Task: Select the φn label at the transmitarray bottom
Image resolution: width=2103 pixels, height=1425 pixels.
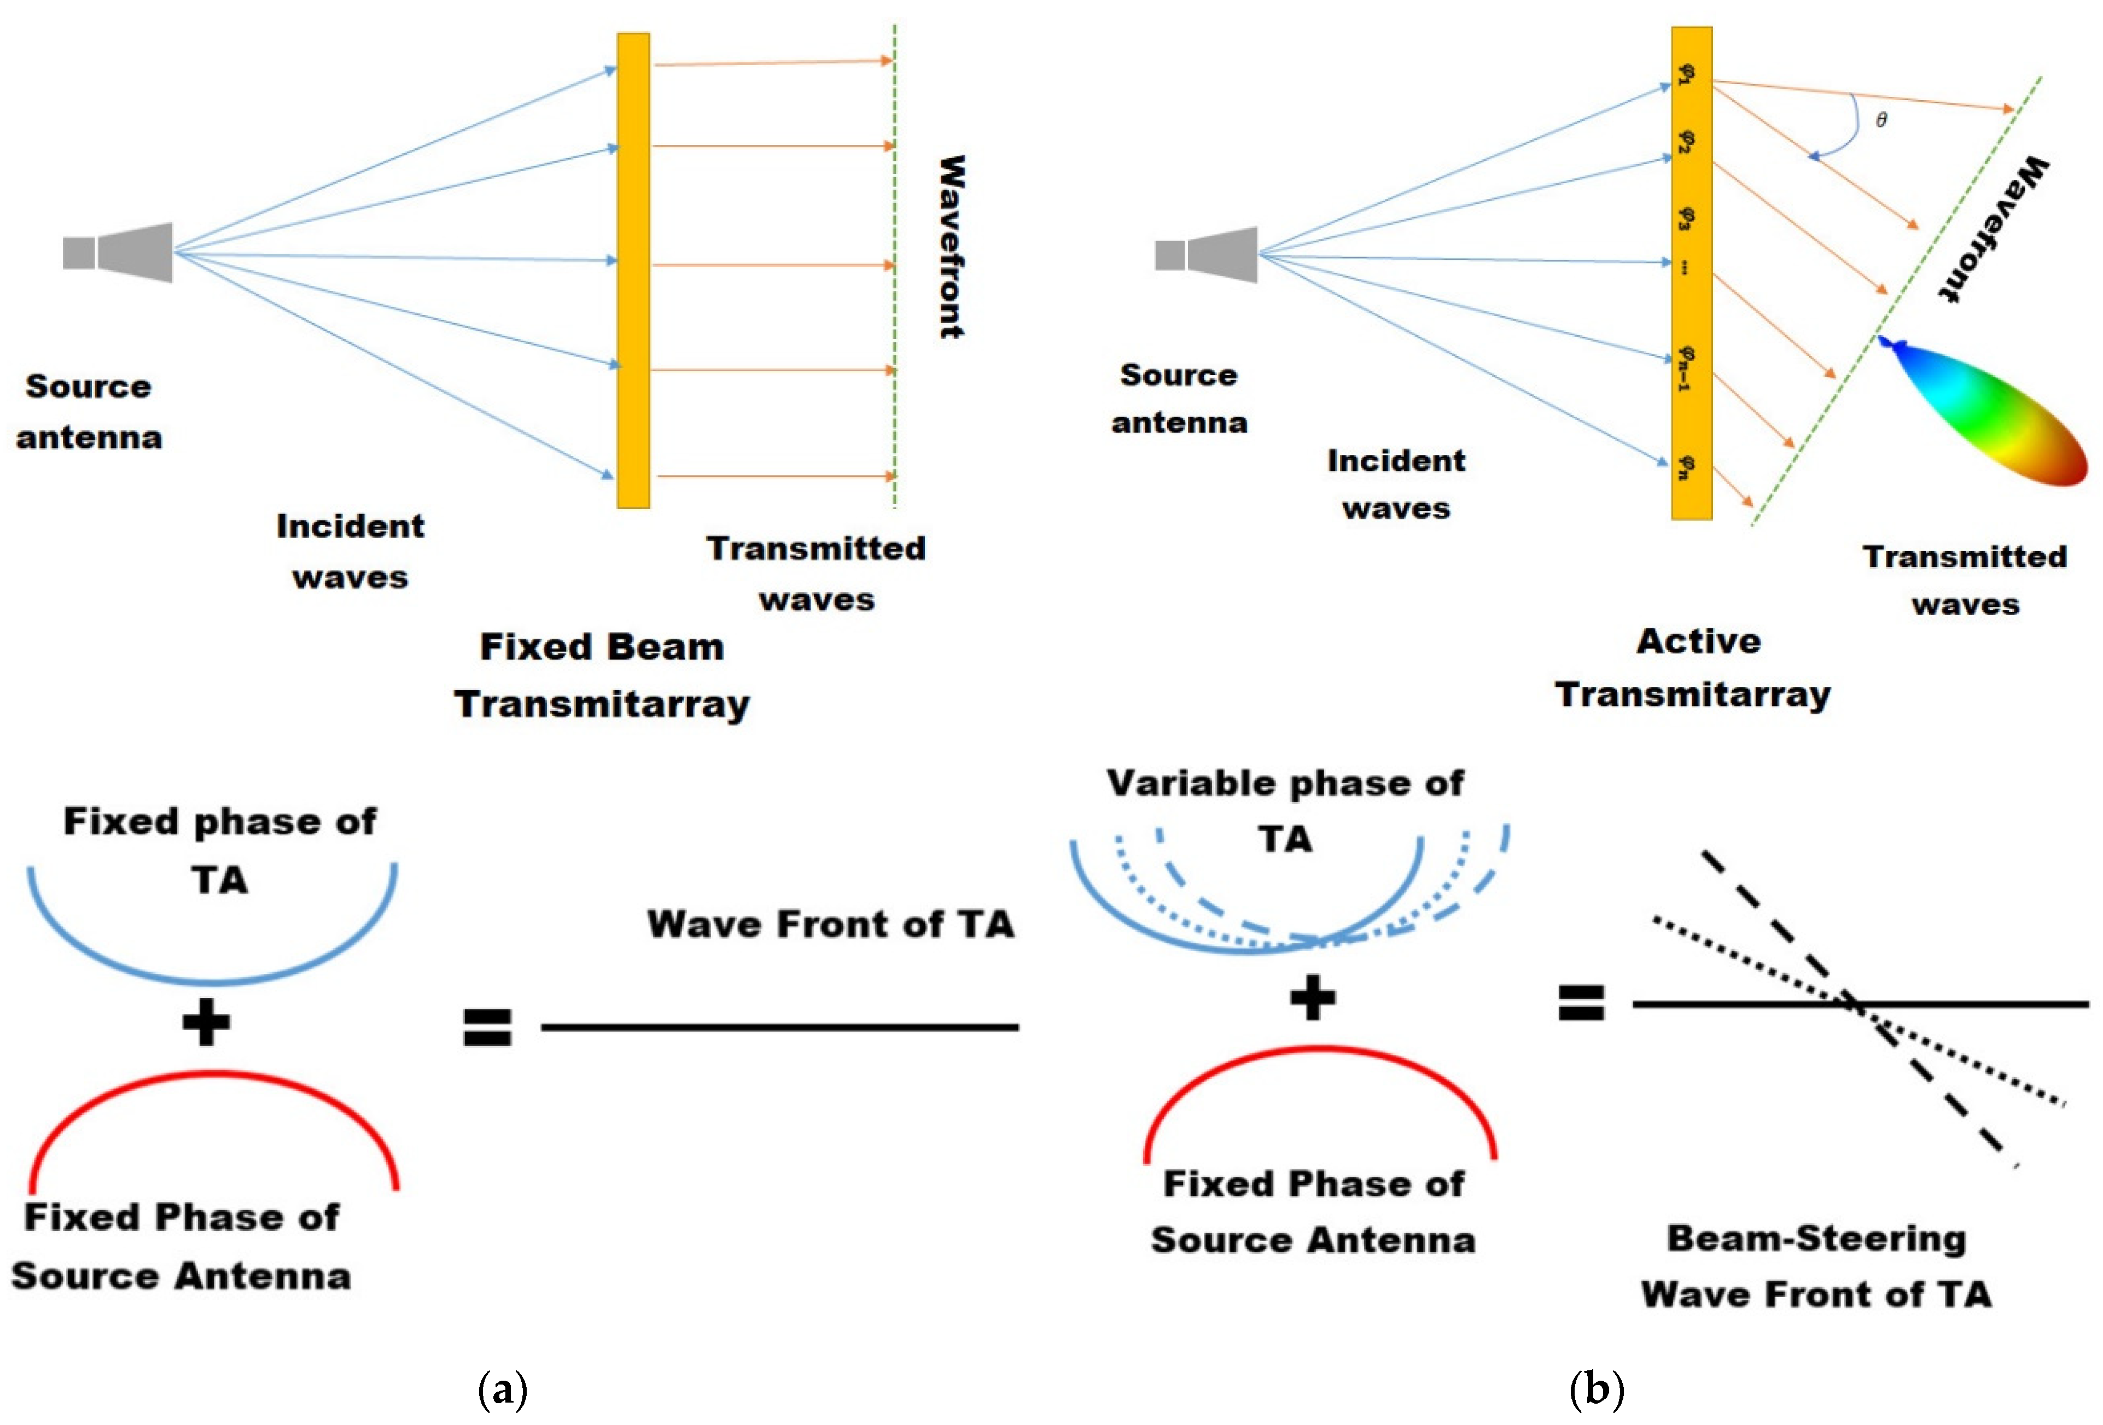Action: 1685,467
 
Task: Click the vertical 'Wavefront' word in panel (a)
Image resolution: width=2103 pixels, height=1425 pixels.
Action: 950,246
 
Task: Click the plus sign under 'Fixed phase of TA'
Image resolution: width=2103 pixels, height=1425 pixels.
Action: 206,1023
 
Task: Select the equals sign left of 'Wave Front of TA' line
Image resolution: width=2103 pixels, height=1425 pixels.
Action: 488,1027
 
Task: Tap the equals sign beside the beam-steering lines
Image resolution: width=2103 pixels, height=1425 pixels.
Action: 1581,1002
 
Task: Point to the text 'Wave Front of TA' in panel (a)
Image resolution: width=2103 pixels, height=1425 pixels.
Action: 831,924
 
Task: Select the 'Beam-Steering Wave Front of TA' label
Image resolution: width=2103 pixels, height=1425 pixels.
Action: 1817,1266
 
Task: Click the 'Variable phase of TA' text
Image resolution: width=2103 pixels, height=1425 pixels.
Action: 1285,810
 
